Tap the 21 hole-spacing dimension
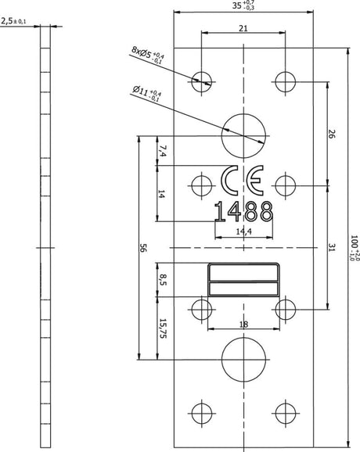point(243,28)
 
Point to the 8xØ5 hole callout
point(148,54)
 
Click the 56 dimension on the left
point(142,248)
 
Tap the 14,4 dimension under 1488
point(243,231)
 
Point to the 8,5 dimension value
point(162,280)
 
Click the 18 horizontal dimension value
point(243,325)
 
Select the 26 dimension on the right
point(332,134)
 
